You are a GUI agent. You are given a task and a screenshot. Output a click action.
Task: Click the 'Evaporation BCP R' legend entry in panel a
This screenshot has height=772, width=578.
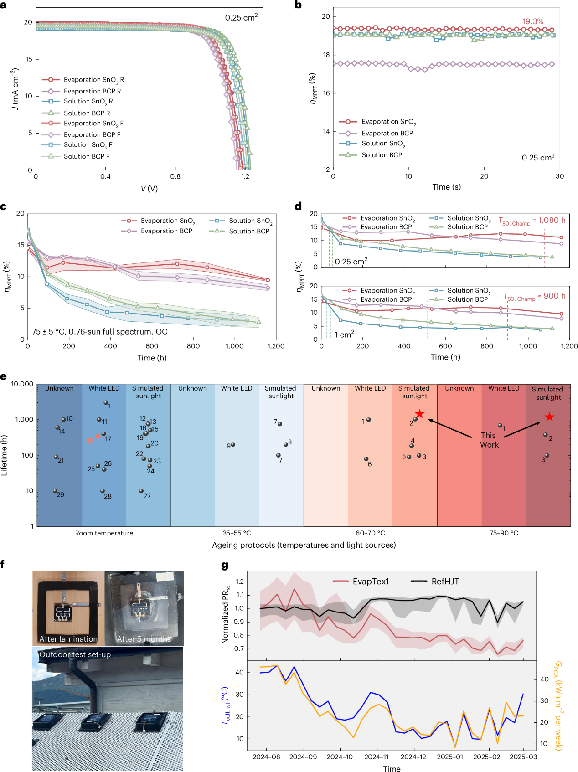[92, 91]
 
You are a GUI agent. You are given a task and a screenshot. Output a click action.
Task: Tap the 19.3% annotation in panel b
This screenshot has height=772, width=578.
[532, 21]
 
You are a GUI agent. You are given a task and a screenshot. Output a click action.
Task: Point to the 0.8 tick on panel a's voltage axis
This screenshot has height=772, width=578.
[175, 176]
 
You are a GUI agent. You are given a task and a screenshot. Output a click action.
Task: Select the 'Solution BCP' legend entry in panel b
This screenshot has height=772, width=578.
[382, 155]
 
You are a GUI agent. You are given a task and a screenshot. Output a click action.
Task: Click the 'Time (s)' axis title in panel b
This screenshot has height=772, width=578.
[446, 187]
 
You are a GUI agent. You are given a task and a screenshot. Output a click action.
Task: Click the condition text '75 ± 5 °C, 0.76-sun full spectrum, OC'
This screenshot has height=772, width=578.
[99, 332]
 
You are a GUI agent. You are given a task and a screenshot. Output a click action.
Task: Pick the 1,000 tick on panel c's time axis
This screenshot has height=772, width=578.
[234, 346]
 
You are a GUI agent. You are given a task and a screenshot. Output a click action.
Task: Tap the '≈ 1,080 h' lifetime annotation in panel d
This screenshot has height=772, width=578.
[552, 220]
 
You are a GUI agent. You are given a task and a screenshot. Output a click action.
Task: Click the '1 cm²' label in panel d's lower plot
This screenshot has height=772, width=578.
[344, 335]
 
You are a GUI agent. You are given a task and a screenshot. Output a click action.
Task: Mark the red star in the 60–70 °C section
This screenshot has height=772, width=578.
[420, 414]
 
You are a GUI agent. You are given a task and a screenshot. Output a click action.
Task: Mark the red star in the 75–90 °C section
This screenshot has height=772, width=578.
[550, 417]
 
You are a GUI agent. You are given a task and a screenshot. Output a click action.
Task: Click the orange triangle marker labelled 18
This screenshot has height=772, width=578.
[98, 436]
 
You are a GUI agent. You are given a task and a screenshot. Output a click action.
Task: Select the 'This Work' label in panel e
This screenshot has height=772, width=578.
[489, 440]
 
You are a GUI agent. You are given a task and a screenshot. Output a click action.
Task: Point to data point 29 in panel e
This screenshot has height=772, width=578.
[55, 491]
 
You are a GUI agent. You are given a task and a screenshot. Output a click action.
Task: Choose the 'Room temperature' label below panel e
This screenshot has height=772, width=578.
[104, 533]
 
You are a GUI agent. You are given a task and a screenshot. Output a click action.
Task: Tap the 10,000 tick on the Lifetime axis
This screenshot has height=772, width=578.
[22, 384]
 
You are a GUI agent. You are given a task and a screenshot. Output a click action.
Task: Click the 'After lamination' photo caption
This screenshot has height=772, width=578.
[68, 639]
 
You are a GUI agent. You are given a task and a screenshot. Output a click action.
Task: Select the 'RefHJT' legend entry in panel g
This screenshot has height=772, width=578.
[445, 582]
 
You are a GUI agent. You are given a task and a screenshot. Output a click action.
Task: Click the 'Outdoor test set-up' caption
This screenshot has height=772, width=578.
[75, 654]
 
